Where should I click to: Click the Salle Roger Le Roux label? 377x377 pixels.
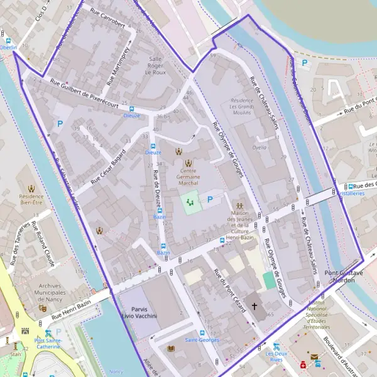(x=156, y=65)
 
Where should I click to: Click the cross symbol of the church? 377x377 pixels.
(x=254, y=306)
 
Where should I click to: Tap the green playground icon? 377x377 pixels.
(x=189, y=202)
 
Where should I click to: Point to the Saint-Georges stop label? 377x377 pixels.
(x=197, y=340)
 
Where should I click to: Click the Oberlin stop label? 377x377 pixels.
(x=8, y=47)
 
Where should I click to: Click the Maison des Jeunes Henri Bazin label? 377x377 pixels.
(x=239, y=224)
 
